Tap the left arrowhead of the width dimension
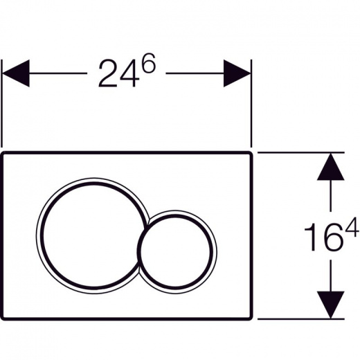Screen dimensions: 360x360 pos(16,73)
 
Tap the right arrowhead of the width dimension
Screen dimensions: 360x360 pos(237,73)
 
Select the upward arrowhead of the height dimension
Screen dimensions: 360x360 pos(330,167)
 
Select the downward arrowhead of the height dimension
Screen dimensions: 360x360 pos(330,305)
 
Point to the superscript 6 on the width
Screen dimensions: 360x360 pos(148,63)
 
